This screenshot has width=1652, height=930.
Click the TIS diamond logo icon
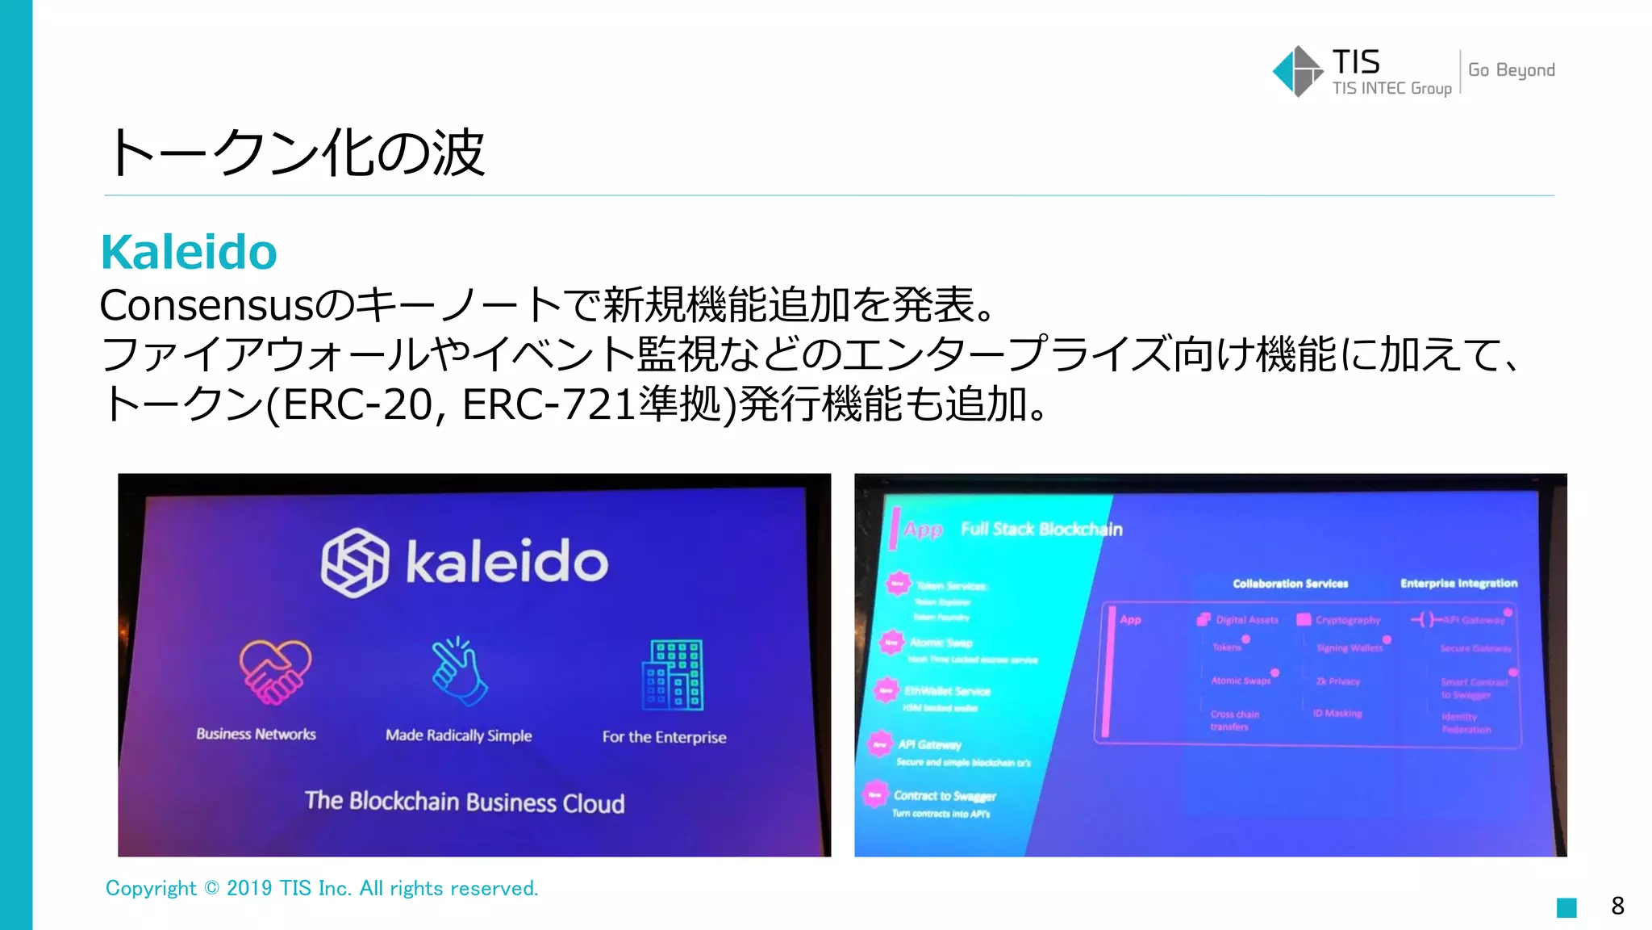[x=1297, y=71]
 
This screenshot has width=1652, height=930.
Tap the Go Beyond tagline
[x=1511, y=70]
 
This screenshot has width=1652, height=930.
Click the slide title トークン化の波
[x=296, y=153]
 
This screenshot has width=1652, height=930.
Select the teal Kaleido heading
[x=189, y=252]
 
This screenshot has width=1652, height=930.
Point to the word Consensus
[x=206, y=305]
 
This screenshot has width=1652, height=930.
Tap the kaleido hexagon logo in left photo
[x=354, y=563]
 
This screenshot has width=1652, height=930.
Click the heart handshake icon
[x=274, y=672]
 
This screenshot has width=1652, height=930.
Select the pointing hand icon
[x=458, y=672]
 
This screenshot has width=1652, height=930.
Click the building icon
[x=672, y=675]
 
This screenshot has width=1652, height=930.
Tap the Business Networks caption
[x=256, y=734]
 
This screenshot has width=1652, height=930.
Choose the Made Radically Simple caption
[x=458, y=735]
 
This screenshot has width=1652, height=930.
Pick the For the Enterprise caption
[x=664, y=737]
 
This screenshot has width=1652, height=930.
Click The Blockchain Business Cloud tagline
[x=465, y=802]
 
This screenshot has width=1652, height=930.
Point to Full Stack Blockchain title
[x=1041, y=530]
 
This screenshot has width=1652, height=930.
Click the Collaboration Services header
[x=1290, y=584]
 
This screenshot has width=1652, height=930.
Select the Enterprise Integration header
[x=1458, y=583]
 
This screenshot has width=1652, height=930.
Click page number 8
[x=1617, y=906]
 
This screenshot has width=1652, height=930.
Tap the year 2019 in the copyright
[x=249, y=888]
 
